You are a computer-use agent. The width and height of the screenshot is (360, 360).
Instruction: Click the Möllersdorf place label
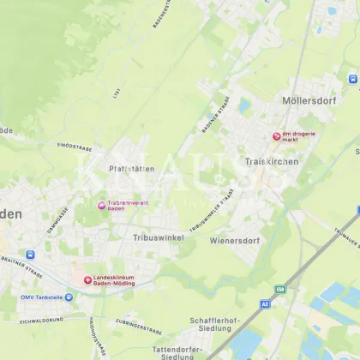point(309,100)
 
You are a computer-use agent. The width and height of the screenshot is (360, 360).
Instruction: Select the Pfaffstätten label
point(132,169)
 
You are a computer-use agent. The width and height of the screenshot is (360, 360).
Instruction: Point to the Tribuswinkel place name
point(159,237)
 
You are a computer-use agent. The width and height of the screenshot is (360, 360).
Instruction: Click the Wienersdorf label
point(234,241)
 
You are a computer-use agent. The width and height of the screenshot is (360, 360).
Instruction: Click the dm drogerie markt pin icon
point(276,136)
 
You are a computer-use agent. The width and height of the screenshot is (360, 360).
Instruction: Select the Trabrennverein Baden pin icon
point(101,205)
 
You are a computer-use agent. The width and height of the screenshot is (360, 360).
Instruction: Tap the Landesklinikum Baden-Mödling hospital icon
point(87,279)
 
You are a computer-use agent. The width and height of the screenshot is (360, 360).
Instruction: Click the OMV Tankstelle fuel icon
point(69,297)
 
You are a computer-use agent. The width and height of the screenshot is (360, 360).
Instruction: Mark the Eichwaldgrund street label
point(42,320)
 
